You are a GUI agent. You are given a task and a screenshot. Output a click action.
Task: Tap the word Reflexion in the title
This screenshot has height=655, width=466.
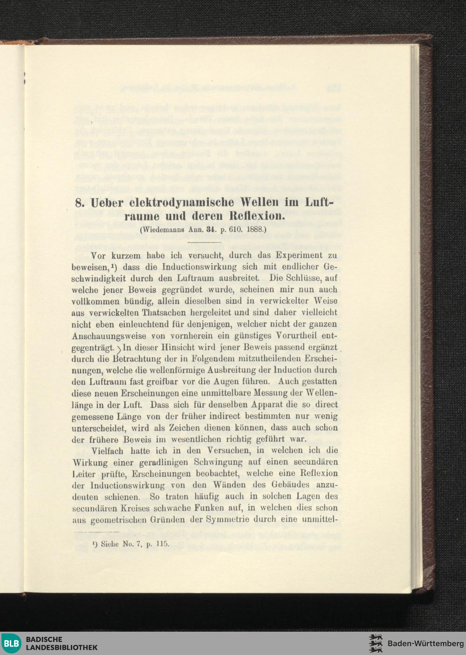254,217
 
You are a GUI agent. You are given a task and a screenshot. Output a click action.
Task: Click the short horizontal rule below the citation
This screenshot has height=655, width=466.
204,243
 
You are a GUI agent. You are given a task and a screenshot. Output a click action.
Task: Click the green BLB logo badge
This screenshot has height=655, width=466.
12,643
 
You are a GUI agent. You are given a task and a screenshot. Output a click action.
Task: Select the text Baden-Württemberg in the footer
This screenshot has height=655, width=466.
422,643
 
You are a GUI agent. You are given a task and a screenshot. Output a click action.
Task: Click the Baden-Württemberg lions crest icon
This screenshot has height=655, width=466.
376,643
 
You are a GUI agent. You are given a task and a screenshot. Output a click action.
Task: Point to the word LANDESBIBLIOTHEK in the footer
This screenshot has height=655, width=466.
62,647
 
